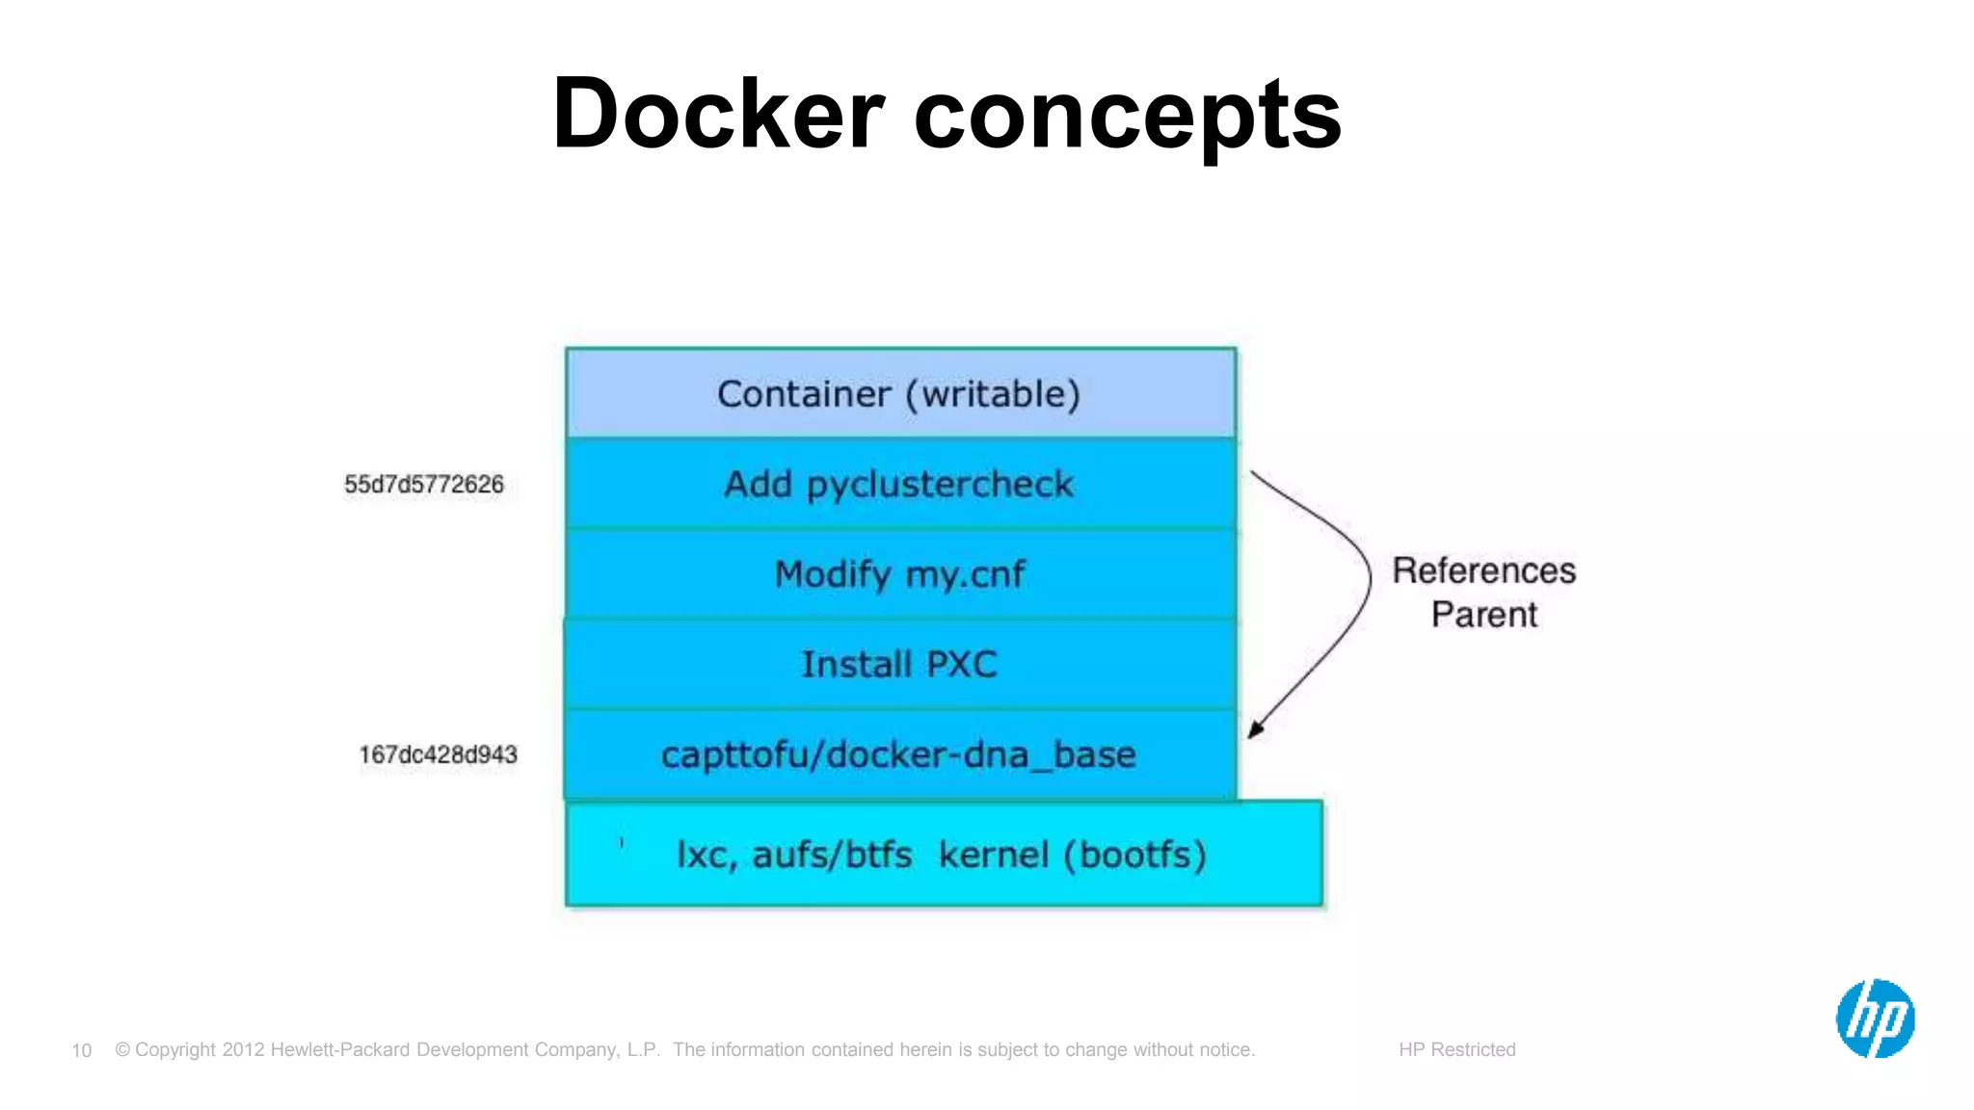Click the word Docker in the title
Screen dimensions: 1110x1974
point(718,114)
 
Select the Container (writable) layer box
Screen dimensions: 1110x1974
point(899,393)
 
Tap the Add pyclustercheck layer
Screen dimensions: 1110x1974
point(899,484)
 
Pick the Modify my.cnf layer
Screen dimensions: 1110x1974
point(899,574)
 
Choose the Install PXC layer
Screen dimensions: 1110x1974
point(899,664)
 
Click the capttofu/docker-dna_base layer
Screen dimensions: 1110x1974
point(899,754)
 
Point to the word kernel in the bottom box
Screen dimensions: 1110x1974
point(994,855)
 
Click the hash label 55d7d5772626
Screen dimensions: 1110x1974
point(424,485)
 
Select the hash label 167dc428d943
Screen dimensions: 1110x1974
point(439,754)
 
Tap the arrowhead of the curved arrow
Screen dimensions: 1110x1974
point(1255,730)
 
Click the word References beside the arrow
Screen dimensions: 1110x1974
point(1483,570)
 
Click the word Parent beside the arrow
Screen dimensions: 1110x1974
point(1483,615)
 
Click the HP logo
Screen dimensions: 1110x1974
point(1875,1018)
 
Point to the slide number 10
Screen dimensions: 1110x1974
point(82,1050)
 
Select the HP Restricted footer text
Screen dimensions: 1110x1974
point(1456,1049)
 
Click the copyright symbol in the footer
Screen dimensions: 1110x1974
point(122,1049)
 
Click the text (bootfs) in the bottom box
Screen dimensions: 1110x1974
point(1135,855)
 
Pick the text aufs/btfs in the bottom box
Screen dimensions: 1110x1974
point(832,855)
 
